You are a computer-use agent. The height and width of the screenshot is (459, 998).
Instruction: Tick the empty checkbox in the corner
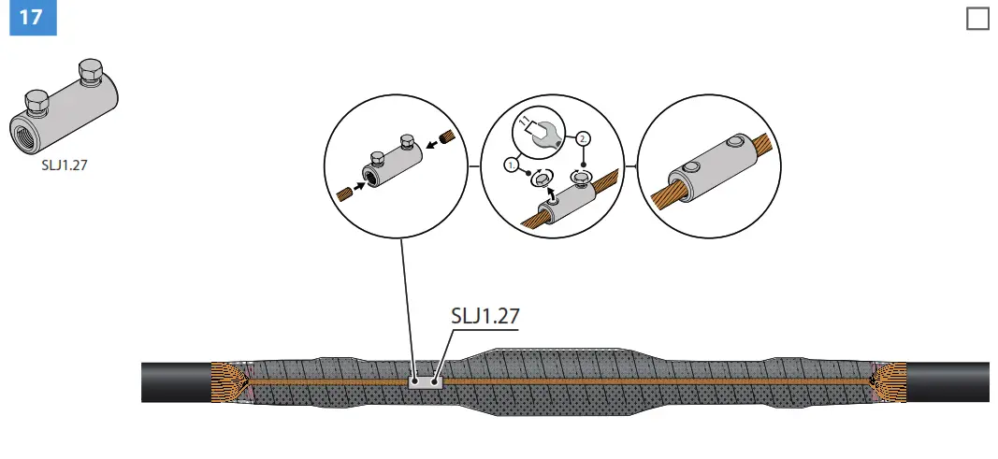click(976, 18)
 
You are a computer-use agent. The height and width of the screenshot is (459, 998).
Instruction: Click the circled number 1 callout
click(512, 165)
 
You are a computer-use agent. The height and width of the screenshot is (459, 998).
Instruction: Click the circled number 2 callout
click(584, 138)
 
